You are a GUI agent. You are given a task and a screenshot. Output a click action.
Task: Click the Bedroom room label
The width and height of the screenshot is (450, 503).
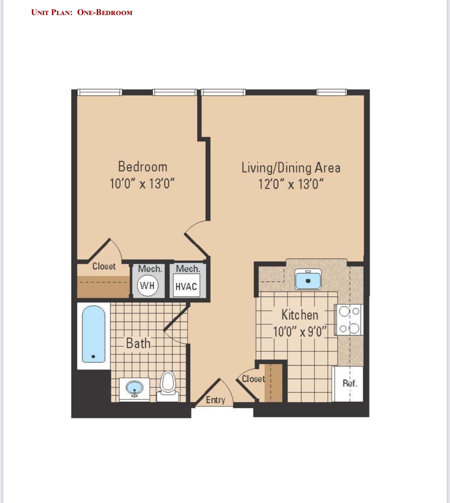coord(143,167)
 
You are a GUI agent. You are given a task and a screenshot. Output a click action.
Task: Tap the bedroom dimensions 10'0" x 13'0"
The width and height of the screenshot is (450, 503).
coord(142,184)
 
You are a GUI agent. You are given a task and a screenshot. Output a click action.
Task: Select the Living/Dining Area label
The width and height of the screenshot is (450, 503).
coord(291,168)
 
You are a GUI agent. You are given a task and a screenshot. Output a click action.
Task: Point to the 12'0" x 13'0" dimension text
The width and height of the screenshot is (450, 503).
coord(291,184)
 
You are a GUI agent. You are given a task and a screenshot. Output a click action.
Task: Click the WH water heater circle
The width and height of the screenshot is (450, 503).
coord(148,285)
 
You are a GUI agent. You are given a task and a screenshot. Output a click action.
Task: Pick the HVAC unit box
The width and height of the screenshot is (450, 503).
coord(187,285)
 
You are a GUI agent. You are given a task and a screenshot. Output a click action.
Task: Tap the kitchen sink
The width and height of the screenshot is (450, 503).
coord(308,279)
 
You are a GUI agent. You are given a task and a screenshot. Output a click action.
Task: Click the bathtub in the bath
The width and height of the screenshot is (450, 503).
coord(93,334)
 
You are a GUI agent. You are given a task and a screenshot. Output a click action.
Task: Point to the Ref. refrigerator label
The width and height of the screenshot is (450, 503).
coord(350,383)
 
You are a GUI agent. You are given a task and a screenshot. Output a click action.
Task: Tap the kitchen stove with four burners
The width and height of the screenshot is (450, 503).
coord(349,320)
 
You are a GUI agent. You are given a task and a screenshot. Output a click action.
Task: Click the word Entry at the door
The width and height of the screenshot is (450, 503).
coord(215,400)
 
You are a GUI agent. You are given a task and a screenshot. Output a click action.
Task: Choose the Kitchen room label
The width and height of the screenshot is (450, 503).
coord(300,315)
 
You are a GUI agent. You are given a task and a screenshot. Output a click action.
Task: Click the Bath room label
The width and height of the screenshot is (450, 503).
coord(138,344)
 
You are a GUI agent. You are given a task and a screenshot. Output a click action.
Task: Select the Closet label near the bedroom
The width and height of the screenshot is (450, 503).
coord(104,266)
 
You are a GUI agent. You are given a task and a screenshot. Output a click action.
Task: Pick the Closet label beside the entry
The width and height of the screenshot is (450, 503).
coord(253,379)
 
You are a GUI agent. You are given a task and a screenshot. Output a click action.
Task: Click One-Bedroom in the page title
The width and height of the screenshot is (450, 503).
coord(105,12)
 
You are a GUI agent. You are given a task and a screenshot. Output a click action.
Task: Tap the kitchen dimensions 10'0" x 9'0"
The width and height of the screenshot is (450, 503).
coord(300,331)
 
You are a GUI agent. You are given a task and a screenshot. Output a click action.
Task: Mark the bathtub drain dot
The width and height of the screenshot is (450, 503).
coord(93,357)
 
